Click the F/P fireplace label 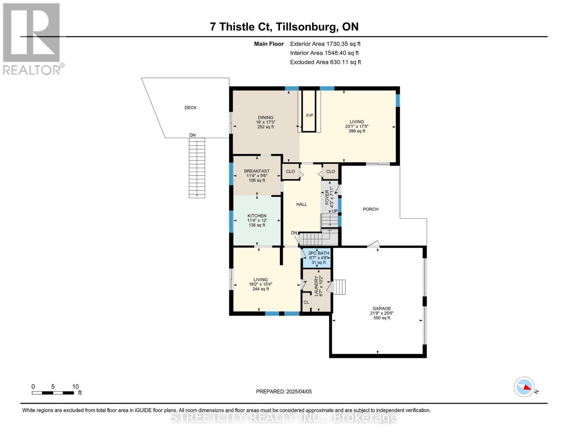[309, 116]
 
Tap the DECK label [190, 108]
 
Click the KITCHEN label [257, 216]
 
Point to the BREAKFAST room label [257, 171]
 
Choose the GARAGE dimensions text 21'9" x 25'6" [381, 313]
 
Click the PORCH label [370, 209]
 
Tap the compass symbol [524, 387]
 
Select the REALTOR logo [32, 39]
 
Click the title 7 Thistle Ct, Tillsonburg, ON [284, 27]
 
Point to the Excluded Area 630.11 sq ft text [326, 62]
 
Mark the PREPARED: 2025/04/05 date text [284, 391]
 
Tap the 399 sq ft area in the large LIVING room [357, 131]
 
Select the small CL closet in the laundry [306, 302]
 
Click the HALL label [301, 205]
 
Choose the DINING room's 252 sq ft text [266, 127]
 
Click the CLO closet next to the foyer [330, 172]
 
